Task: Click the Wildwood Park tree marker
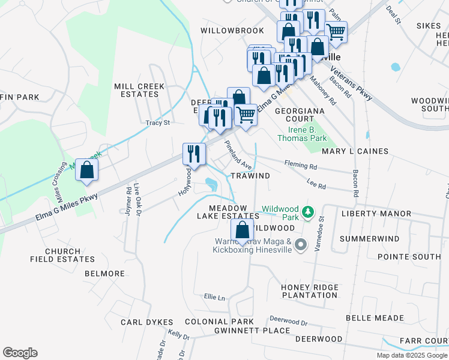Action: tap(307, 212)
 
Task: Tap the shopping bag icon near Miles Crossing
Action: tap(87, 169)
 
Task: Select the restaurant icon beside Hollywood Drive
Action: tap(192, 153)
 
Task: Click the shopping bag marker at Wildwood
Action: tap(242, 230)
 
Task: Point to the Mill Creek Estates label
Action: tap(139, 91)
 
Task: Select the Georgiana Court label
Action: tap(300, 115)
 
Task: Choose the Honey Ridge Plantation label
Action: tap(310, 292)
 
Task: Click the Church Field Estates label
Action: tap(62, 255)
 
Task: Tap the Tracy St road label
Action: tap(158, 122)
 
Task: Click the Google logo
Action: tap(20, 353)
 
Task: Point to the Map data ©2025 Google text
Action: tap(411, 355)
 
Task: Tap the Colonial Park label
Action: tap(219, 322)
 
